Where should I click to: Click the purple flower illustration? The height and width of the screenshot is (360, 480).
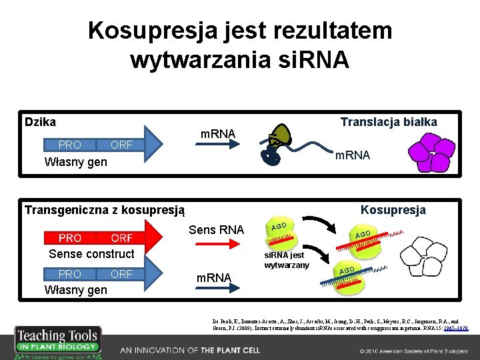tap(423, 151)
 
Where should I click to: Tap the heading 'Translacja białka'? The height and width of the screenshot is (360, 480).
tap(389, 121)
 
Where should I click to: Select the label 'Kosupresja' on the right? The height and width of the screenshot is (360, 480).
tap(393, 210)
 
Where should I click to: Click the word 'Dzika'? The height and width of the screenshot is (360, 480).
tap(40, 121)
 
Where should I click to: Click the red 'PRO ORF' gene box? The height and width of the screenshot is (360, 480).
tap(96, 238)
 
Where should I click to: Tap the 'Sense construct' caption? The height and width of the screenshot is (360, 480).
tap(91, 254)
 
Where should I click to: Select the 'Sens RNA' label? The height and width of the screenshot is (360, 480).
tap(217, 231)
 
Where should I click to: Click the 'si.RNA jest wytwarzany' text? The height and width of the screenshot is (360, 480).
tap(284, 261)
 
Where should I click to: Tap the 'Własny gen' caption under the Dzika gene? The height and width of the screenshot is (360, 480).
tap(75, 162)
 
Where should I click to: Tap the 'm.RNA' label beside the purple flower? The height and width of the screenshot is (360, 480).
tap(352, 155)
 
